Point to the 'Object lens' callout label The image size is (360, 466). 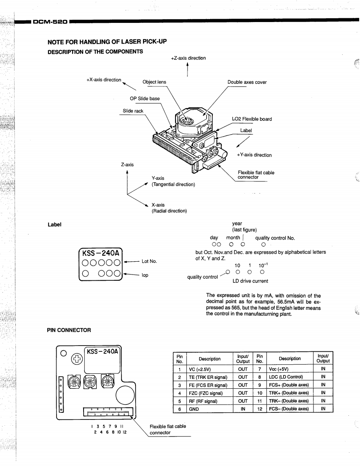click(x=154, y=82)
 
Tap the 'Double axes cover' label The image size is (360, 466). click(x=247, y=82)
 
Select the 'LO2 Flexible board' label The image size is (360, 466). click(x=252, y=119)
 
